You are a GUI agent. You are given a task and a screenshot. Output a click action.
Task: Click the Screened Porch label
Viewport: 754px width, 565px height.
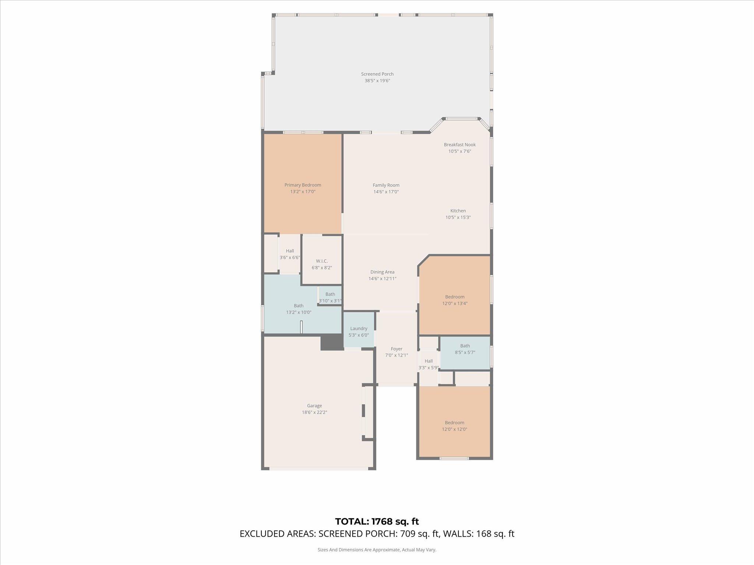pyautogui.click(x=377, y=74)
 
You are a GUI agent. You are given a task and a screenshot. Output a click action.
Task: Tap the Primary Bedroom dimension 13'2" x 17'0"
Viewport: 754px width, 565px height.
pyautogui.click(x=303, y=192)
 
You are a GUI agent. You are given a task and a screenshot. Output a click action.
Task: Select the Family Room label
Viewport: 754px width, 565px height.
pyautogui.click(x=386, y=185)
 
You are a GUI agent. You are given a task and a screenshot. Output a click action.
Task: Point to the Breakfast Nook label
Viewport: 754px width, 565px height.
pyautogui.click(x=459, y=145)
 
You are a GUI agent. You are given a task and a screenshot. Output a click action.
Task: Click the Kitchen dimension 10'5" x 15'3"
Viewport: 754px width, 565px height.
pyautogui.click(x=458, y=217)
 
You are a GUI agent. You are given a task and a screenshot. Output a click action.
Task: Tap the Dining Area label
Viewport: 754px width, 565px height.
pyautogui.click(x=382, y=272)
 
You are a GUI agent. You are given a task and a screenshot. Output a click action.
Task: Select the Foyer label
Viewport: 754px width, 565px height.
pyautogui.click(x=397, y=349)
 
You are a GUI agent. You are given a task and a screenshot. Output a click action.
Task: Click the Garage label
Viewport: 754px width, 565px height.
pyautogui.click(x=314, y=406)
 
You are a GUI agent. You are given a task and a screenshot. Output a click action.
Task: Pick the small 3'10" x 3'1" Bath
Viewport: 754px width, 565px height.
pyautogui.click(x=330, y=296)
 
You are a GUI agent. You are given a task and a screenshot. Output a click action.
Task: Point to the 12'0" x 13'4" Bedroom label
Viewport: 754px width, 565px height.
pyautogui.click(x=455, y=297)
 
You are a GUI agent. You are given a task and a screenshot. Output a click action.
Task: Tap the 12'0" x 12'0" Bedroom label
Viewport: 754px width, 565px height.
pyautogui.click(x=454, y=423)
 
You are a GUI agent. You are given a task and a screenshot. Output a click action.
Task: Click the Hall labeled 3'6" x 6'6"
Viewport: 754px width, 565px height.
pyautogui.click(x=290, y=254)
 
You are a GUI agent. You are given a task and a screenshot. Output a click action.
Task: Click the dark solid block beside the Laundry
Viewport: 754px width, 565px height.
pyautogui.click(x=331, y=342)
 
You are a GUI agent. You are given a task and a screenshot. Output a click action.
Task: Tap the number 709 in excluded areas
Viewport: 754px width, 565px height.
pyautogui.click(x=408, y=534)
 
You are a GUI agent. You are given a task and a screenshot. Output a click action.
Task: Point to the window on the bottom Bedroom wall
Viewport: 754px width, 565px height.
pyautogui.click(x=454, y=458)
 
